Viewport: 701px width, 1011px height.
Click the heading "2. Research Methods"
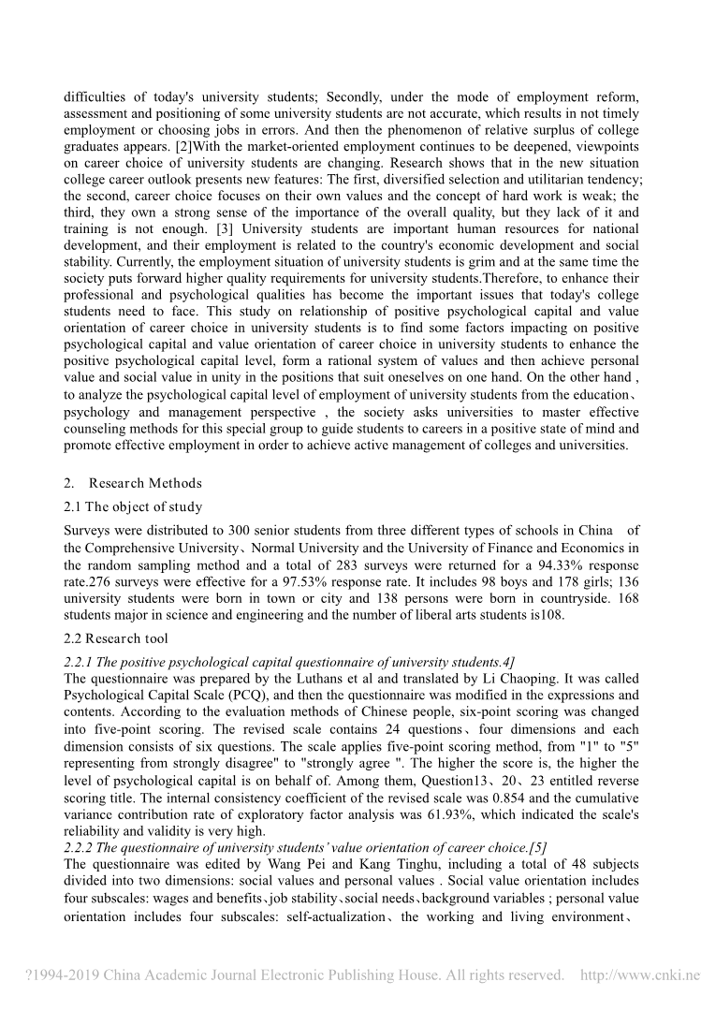[x=132, y=483]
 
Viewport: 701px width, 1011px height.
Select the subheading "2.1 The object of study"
[x=132, y=507]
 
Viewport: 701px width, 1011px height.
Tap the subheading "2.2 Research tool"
[x=116, y=638]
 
